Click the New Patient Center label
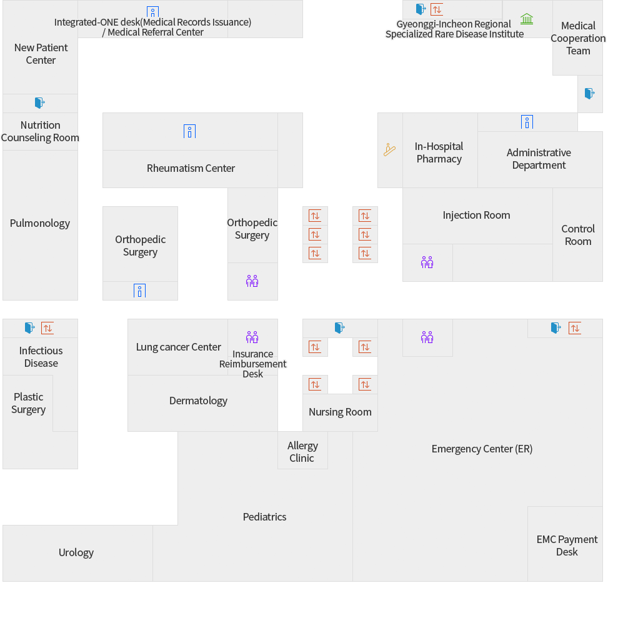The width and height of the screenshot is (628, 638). [41, 54]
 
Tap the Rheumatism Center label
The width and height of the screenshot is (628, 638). [191, 168]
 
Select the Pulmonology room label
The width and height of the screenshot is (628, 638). [40, 223]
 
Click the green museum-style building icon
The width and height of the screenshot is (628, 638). [527, 19]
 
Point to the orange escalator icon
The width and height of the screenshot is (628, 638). [389, 150]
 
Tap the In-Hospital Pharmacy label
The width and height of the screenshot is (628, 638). [439, 152]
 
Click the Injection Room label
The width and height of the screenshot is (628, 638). [476, 215]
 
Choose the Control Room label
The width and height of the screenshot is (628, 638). [578, 235]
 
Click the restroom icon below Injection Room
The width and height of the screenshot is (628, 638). [427, 262]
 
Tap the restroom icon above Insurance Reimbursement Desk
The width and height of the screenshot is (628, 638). [252, 337]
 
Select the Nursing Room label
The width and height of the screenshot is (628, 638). [340, 412]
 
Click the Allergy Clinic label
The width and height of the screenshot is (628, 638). [302, 452]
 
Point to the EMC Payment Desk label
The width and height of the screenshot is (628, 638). [567, 546]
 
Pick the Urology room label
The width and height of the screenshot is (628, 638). [76, 552]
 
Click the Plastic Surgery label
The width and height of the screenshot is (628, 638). [29, 403]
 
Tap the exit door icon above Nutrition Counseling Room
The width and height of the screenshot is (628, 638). [40, 102]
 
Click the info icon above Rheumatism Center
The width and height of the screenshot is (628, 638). [190, 131]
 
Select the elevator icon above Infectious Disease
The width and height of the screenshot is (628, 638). [47, 328]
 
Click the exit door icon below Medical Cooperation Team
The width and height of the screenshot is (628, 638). [590, 94]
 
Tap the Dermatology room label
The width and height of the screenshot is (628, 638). [198, 401]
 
